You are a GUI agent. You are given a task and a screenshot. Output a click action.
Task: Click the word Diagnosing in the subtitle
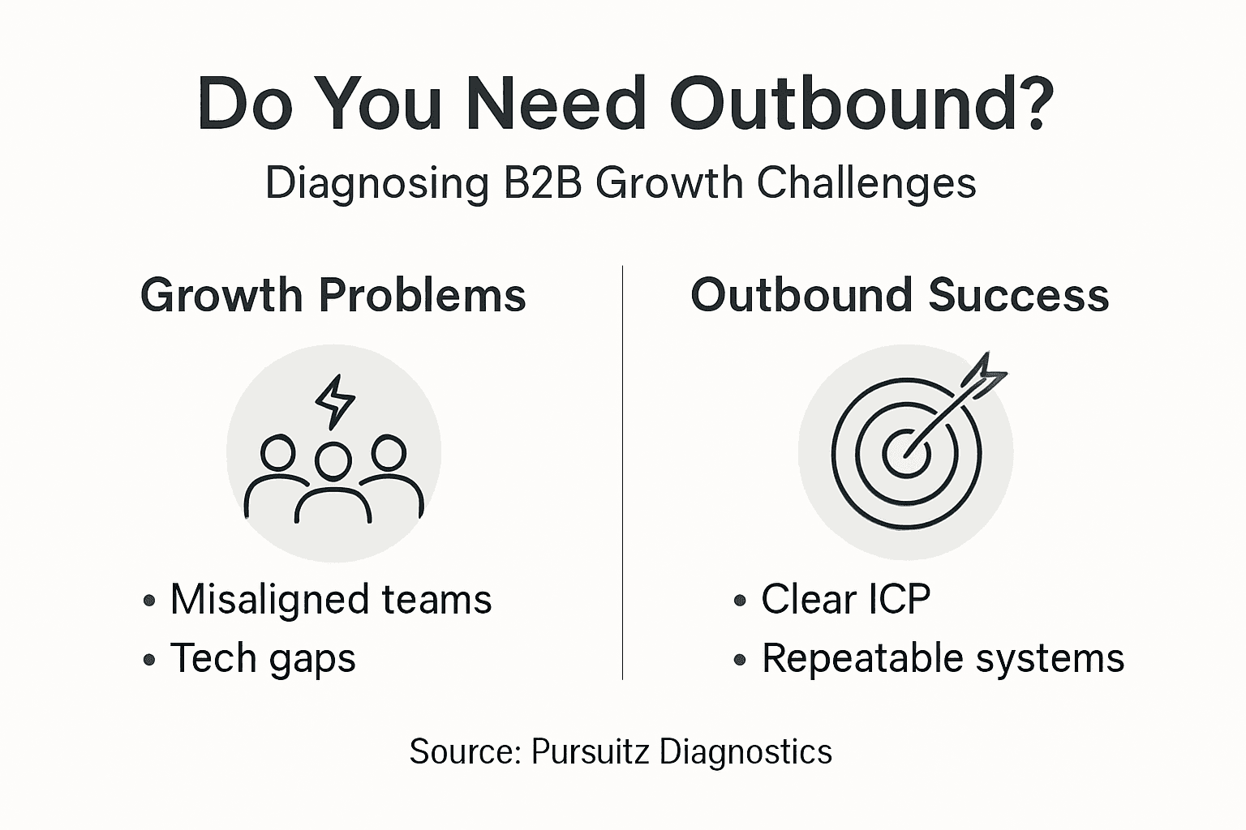376,184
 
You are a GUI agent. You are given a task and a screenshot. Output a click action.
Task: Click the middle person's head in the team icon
333,461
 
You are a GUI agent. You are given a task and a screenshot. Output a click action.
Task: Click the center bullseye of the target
906,452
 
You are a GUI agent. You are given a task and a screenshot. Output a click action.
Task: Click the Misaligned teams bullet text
331,600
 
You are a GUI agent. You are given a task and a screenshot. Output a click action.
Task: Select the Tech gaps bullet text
263,657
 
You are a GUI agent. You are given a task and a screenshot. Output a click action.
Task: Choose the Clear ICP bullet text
845,600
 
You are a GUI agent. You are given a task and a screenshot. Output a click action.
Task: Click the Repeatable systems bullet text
943,657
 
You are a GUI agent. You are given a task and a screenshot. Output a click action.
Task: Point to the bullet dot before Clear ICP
739,601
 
